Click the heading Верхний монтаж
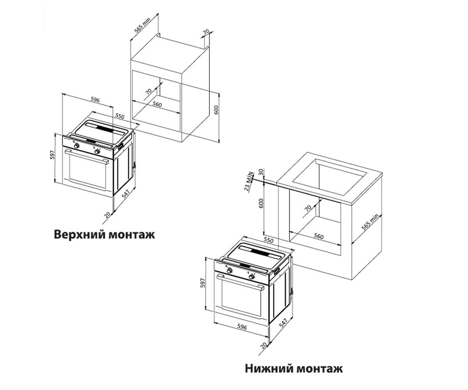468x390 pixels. tap(104, 235)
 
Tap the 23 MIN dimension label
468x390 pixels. tap(249, 181)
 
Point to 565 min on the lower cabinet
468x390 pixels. tap(370, 222)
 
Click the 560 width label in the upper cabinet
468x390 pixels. tap(157, 104)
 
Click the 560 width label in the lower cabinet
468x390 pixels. tap(319, 236)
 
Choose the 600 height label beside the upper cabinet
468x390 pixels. tap(216, 110)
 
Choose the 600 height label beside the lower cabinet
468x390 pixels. tap(261, 203)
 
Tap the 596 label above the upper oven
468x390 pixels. tap(95, 100)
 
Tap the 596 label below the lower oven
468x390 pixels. tap(242, 327)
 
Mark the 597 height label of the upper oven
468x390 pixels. tap(52, 155)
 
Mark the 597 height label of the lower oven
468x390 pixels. tap(203, 283)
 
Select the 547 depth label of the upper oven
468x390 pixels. tap(126, 194)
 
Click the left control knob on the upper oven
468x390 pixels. tap(76, 146)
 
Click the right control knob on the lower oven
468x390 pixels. tap(251, 277)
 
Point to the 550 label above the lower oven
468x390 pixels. tap(268, 240)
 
